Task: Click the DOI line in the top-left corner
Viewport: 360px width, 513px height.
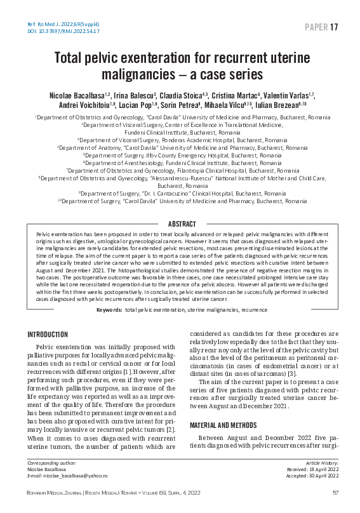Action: [x=58, y=30]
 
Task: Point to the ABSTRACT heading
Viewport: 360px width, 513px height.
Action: [x=182, y=224]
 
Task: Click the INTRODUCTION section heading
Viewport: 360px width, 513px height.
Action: [x=48, y=335]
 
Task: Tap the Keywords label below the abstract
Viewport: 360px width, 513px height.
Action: [x=109, y=309]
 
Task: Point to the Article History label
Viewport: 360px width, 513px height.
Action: [x=323, y=464]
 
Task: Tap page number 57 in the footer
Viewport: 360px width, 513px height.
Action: [x=335, y=493]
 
